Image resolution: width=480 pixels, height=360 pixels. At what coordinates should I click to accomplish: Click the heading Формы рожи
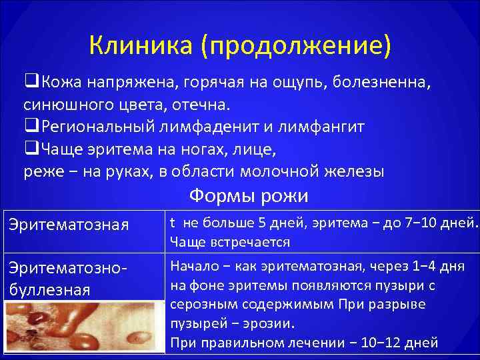tap(248, 196)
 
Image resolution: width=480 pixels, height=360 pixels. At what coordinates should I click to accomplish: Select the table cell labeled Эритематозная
tap(68, 225)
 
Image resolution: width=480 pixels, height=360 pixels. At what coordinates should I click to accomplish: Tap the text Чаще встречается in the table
tap(229, 241)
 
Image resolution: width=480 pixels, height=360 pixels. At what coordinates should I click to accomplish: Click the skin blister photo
tap(83, 327)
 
